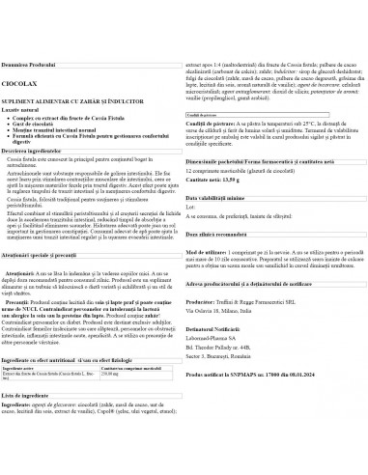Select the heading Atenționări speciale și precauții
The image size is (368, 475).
coord(47,256)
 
